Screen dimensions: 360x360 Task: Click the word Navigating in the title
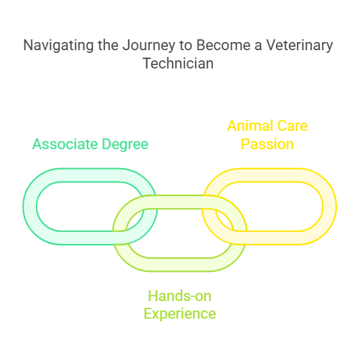pyautogui.click(x=58, y=45)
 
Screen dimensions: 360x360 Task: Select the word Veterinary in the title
pyautogui.click(x=300, y=45)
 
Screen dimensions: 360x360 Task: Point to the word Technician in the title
pyautogui.click(x=178, y=63)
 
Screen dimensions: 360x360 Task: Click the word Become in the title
pyautogui.click(x=223, y=45)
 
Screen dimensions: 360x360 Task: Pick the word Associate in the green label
pyautogui.click(x=65, y=144)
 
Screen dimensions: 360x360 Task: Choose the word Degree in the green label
pyautogui.click(x=125, y=144)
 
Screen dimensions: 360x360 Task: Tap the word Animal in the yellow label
pyautogui.click(x=250, y=126)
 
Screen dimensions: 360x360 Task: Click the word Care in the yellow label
pyautogui.click(x=292, y=126)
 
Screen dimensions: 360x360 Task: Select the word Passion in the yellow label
pyautogui.click(x=267, y=144)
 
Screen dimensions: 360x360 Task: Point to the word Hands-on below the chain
pyautogui.click(x=180, y=296)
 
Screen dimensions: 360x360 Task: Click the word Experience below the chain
pyautogui.click(x=180, y=314)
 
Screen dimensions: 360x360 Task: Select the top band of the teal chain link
pyautogui.click(x=90, y=175)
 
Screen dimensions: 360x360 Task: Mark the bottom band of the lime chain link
pyautogui.click(x=180, y=264)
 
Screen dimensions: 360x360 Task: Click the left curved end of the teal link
pyautogui.click(x=30, y=207)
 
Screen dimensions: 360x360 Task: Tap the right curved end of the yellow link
pyautogui.click(x=329, y=207)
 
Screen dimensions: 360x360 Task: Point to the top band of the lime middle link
pyautogui.click(x=180, y=202)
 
